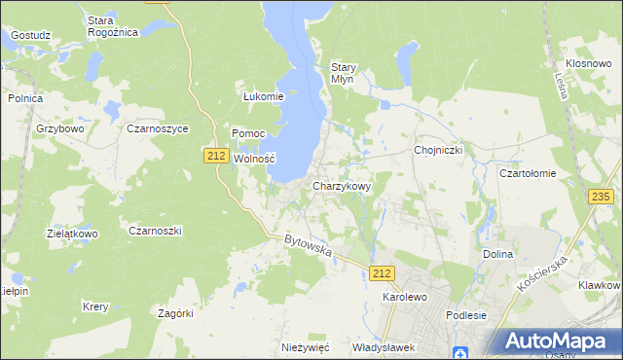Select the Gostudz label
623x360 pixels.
point(30,35)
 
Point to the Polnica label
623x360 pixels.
point(25,98)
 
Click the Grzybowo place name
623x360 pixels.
point(61,127)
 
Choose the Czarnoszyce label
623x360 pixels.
point(157,127)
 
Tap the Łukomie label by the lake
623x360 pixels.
point(263,96)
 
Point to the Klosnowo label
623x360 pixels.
point(587,62)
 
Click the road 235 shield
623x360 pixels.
point(601,197)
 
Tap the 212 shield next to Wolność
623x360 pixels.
point(216,155)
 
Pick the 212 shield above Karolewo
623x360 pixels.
point(383,274)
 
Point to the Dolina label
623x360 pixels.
point(497,254)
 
